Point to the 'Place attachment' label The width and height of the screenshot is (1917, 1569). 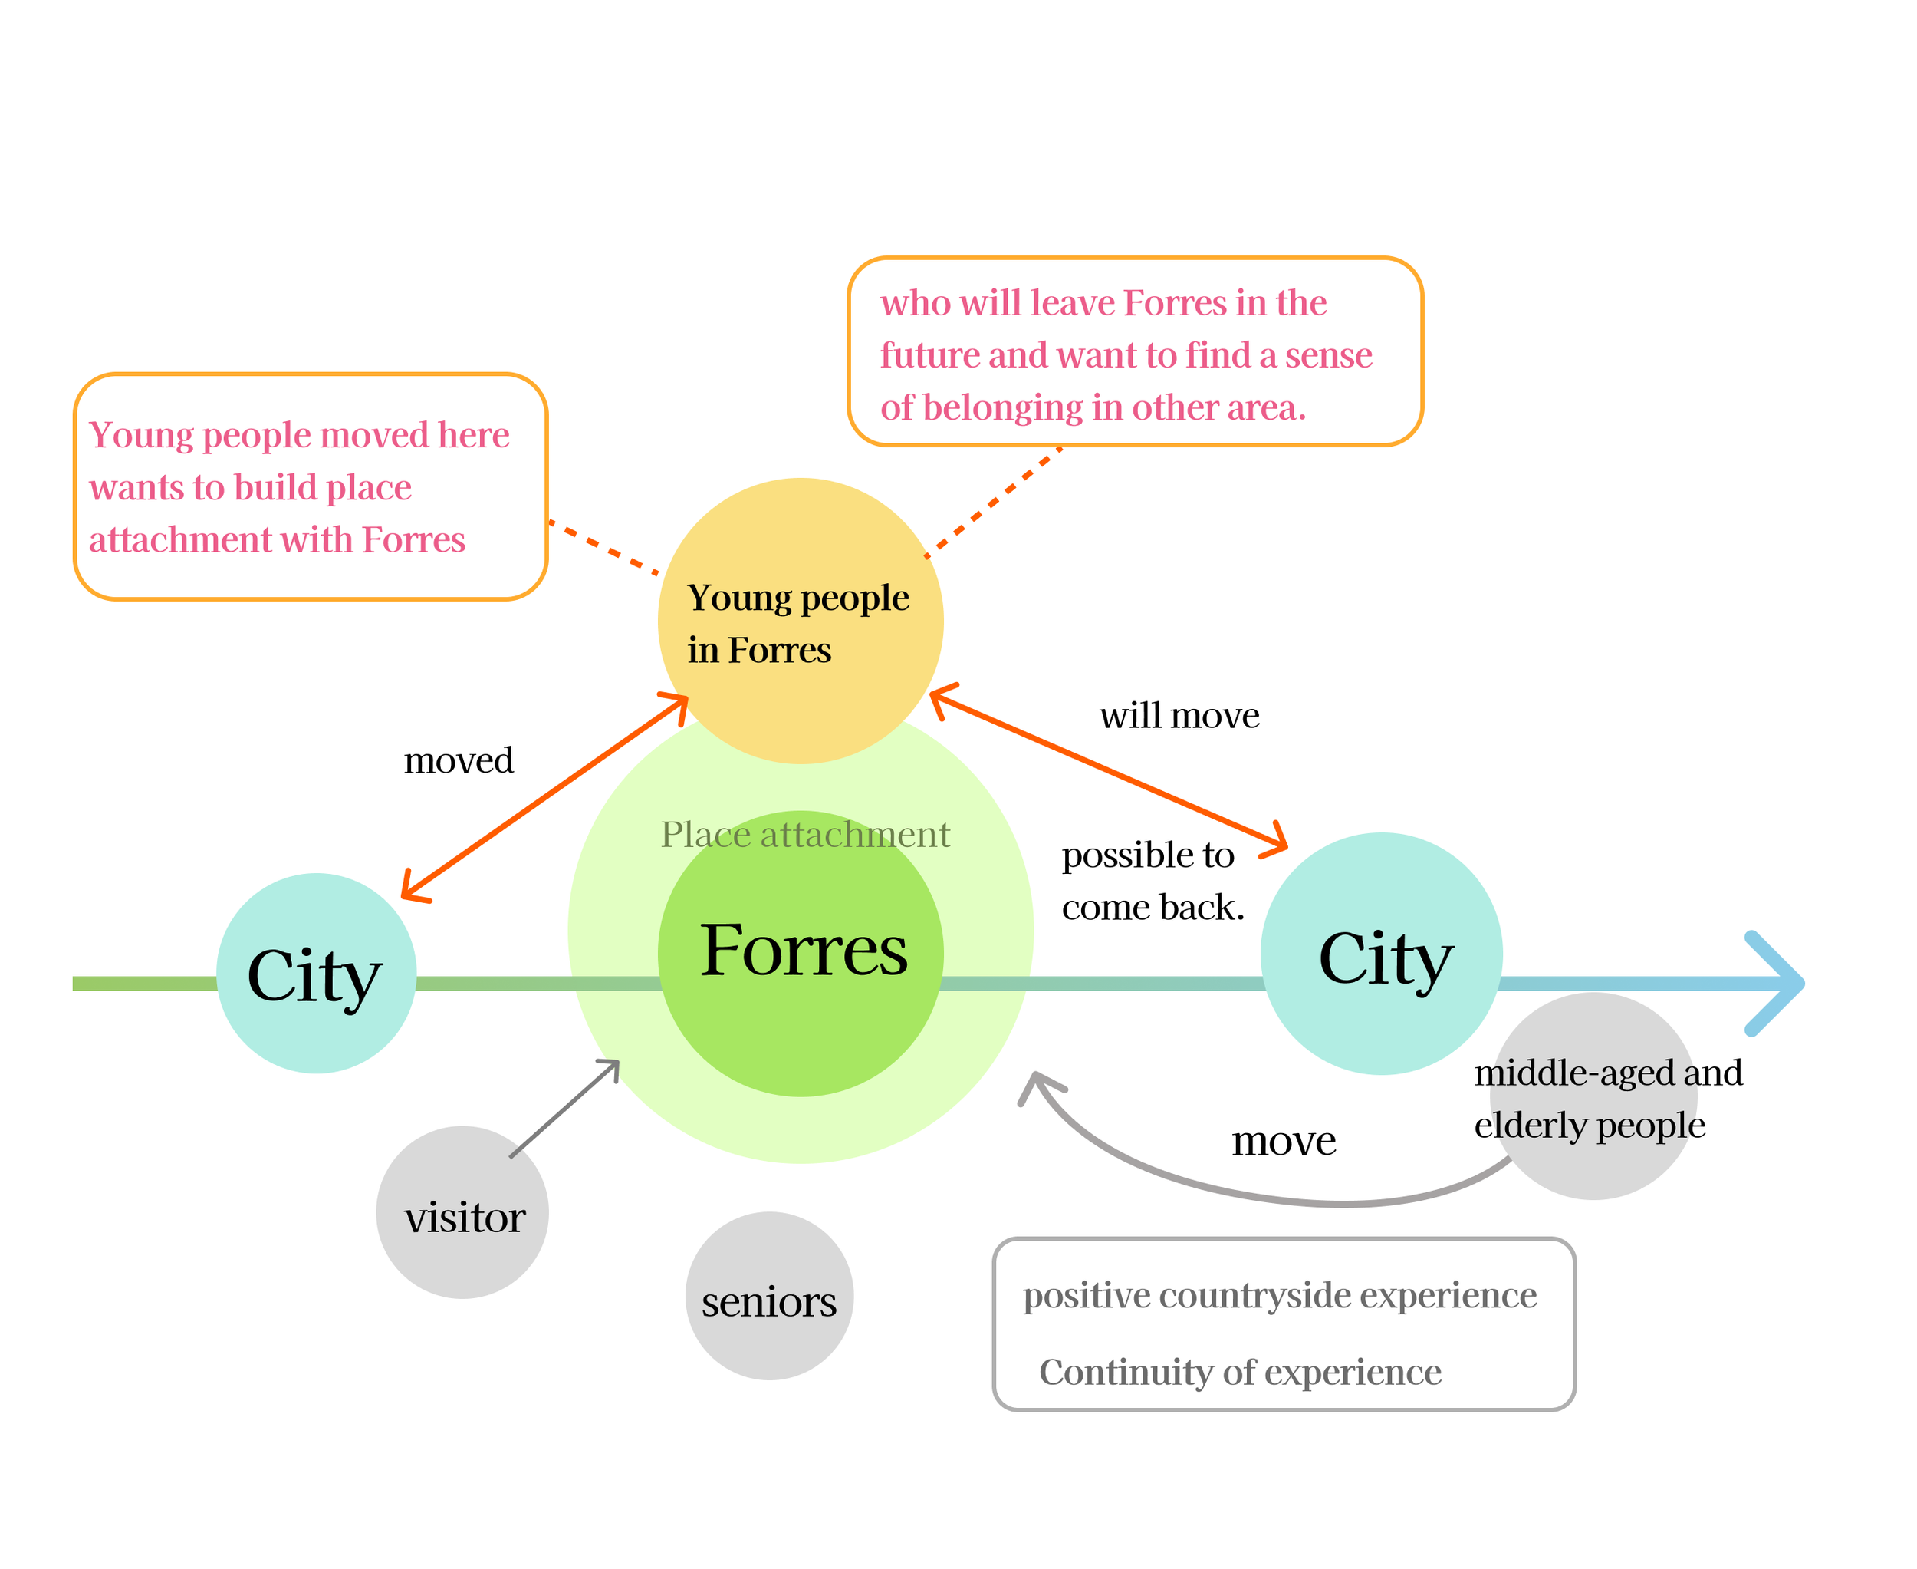pyautogui.click(x=805, y=834)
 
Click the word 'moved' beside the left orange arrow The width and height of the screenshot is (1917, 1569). pyautogui.click(x=458, y=761)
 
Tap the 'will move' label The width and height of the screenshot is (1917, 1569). pyautogui.click(x=1178, y=716)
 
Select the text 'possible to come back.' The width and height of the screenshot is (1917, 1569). pyautogui.click(x=1151, y=880)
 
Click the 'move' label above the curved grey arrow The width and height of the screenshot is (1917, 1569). pyautogui.click(x=1283, y=1141)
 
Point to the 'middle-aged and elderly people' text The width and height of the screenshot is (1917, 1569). pyautogui.click(x=1607, y=1098)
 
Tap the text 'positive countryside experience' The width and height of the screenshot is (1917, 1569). pyautogui.click(x=1278, y=1295)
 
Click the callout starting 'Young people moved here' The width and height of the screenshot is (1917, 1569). pyautogui.click(x=310, y=486)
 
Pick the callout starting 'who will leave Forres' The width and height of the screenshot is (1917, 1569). pyautogui.click(x=1135, y=351)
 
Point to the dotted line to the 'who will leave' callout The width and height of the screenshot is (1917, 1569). pyautogui.click(x=994, y=501)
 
